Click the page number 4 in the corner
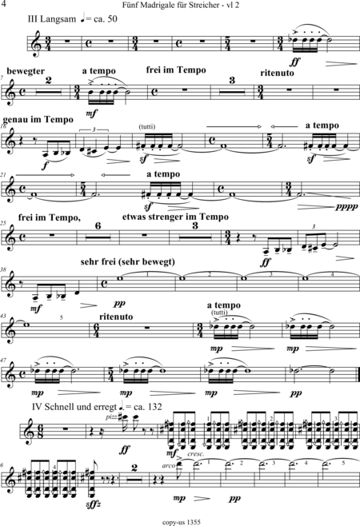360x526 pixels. [4, 4]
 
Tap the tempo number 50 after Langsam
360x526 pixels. [112, 19]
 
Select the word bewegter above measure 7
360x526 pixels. [26, 71]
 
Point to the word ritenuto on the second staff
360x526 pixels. [277, 73]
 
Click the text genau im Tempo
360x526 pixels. [38, 120]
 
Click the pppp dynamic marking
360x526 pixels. [347, 206]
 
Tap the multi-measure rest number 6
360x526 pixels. [98, 226]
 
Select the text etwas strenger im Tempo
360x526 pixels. [175, 217]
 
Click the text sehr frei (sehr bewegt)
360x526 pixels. [128, 261]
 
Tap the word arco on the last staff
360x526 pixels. [169, 465]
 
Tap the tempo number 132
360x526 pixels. [154, 407]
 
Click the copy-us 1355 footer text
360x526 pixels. [182, 522]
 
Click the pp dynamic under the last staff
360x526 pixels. [234, 499]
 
